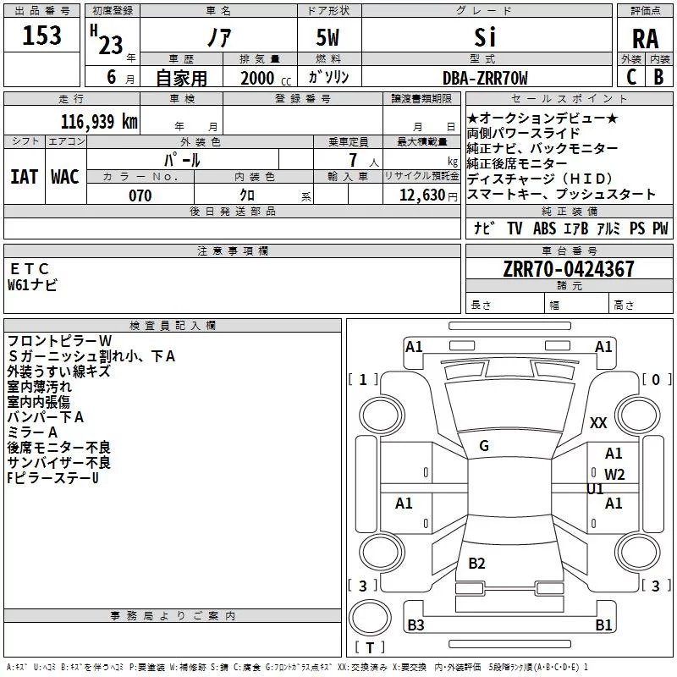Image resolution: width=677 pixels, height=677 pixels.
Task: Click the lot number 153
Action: point(41,35)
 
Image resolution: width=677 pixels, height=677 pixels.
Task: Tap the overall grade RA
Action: point(645,39)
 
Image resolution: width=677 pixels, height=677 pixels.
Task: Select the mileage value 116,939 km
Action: point(99,121)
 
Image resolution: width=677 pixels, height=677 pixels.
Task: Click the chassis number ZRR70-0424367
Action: point(569,269)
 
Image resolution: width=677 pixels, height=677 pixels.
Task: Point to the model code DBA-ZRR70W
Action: point(485,78)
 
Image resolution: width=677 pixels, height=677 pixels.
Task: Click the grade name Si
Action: point(485,37)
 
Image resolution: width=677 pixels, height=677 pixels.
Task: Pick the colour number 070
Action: point(140,195)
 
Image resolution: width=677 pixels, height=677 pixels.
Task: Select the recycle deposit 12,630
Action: point(421,195)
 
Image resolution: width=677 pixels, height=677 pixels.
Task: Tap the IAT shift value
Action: point(24,177)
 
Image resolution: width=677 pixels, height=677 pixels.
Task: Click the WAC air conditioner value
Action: point(65,177)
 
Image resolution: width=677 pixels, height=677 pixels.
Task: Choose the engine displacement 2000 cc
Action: point(266,78)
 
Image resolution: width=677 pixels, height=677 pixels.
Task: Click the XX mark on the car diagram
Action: point(598,422)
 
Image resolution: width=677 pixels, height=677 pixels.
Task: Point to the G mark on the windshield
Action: point(484,446)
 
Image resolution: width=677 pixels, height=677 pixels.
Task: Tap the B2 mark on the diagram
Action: point(476,563)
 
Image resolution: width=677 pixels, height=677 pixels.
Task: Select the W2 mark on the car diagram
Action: point(614,475)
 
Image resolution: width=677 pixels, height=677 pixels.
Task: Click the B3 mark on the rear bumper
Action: point(416,625)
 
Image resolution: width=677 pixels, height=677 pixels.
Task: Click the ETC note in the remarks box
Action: point(29,268)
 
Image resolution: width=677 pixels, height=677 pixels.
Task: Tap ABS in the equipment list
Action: point(544,228)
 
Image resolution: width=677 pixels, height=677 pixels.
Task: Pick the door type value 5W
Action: point(327,37)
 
